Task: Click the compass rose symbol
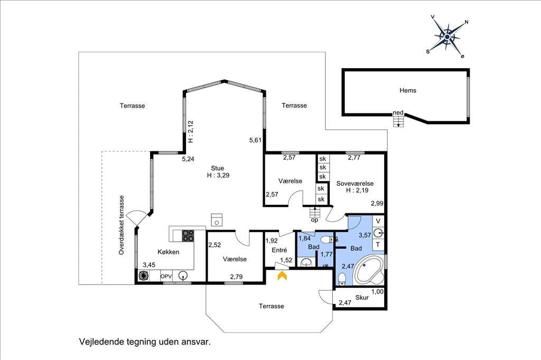click(x=447, y=36)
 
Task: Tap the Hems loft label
click(x=408, y=90)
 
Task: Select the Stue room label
click(x=217, y=168)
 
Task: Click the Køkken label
click(x=169, y=252)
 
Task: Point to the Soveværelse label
click(x=355, y=184)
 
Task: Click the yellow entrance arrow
click(x=283, y=275)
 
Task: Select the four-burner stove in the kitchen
click(x=188, y=235)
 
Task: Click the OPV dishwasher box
click(x=166, y=276)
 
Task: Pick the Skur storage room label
click(x=362, y=297)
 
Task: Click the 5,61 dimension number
click(x=256, y=140)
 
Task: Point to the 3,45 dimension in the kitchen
click(x=149, y=265)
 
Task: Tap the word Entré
click(x=279, y=250)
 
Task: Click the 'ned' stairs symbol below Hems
click(x=398, y=121)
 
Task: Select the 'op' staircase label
click(x=314, y=220)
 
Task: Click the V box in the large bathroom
click(x=378, y=221)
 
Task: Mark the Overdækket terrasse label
click(x=121, y=225)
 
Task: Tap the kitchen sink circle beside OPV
click(x=183, y=276)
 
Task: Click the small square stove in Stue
click(x=217, y=220)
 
